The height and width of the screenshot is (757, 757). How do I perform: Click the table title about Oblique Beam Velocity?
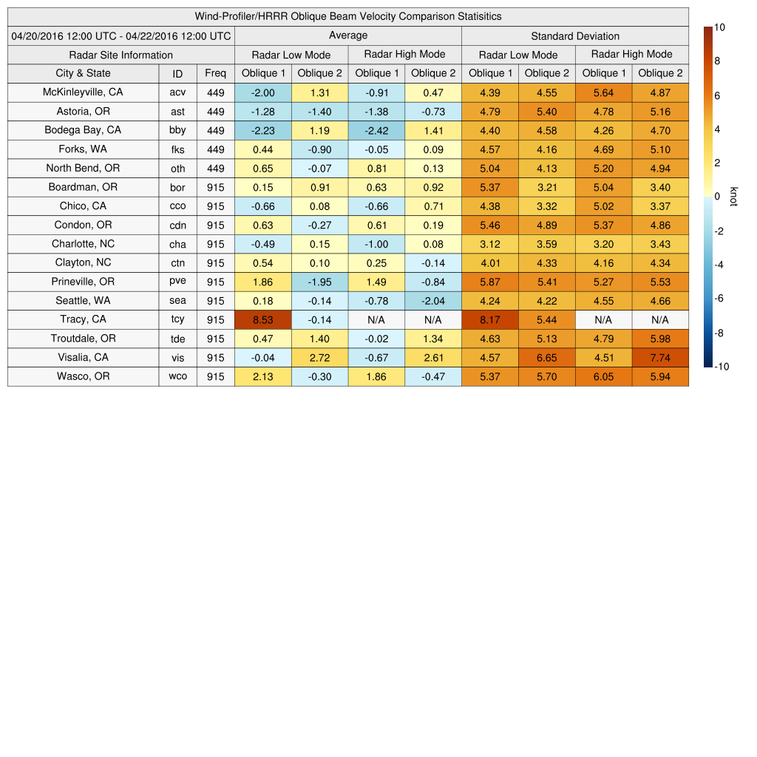(348, 16)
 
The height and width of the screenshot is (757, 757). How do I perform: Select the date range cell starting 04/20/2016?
(121, 35)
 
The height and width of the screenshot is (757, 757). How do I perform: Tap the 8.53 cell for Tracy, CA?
(262, 319)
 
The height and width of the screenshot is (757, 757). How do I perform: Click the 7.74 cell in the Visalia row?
(660, 357)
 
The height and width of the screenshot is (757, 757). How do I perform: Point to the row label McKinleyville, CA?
(83, 92)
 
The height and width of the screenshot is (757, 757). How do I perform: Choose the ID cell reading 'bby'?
(177, 130)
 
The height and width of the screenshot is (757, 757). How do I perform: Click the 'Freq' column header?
(216, 73)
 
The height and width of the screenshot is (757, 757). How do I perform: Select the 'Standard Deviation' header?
(575, 35)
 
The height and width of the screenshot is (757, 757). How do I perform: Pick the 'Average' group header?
(348, 35)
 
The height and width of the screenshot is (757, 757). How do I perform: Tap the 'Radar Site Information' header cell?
(121, 55)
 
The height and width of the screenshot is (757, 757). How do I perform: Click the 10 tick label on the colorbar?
(719, 27)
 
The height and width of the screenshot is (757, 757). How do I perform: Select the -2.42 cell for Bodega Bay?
(376, 130)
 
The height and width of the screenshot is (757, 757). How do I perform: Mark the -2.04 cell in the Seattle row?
(433, 300)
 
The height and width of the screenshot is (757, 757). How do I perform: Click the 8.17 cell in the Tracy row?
(490, 319)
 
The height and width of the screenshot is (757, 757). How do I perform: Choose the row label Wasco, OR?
(83, 376)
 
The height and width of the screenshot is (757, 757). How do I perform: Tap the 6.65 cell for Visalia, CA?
(547, 357)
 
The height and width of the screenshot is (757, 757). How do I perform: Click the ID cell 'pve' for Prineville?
(177, 282)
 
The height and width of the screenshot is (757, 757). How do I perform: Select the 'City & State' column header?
(83, 73)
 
